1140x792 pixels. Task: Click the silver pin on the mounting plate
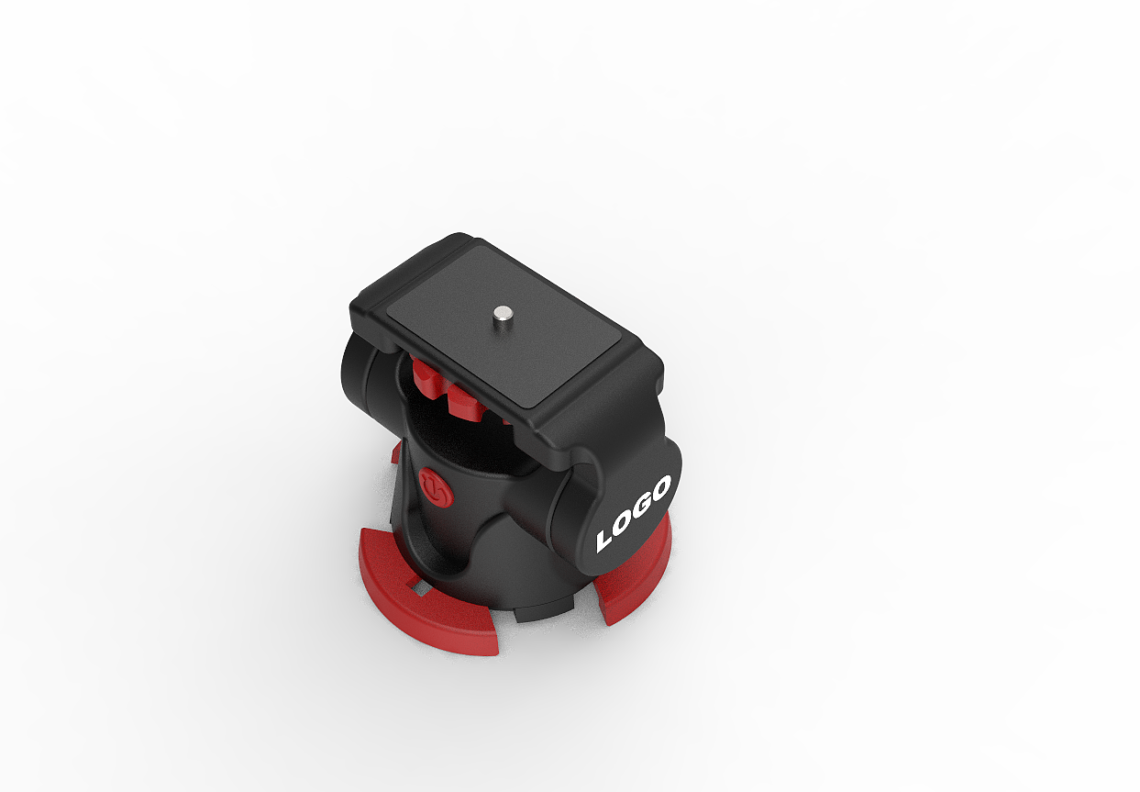coord(502,314)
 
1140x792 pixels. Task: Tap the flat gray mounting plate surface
coord(504,326)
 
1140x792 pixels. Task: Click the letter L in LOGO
coord(606,540)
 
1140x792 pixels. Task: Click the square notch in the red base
coord(422,589)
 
